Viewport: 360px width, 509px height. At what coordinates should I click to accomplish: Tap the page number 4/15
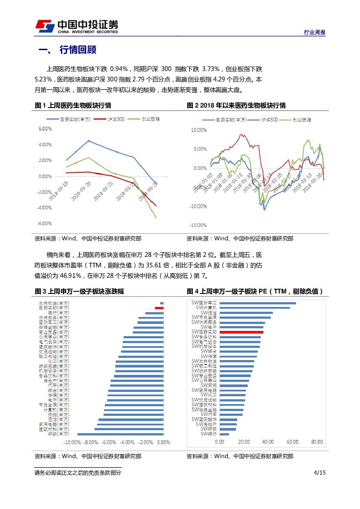tap(319, 473)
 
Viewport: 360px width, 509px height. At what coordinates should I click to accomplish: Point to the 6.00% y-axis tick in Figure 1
tap(45, 129)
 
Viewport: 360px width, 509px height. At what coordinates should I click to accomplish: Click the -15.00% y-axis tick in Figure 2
tap(198, 225)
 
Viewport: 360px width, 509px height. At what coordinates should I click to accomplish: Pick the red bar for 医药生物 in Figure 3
tap(159, 308)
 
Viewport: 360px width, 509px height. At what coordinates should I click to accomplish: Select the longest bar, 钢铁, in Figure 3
tap(120, 434)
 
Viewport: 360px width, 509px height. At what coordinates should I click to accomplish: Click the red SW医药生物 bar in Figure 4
tap(241, 332)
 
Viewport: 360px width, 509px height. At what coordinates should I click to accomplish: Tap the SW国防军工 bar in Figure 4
tap(258, 303)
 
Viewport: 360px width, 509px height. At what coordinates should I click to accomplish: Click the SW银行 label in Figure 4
tap(209, 434)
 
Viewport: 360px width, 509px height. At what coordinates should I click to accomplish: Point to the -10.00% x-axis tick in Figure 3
tap(72, 442)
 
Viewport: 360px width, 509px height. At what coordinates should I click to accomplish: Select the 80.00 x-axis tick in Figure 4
tap(317, 442)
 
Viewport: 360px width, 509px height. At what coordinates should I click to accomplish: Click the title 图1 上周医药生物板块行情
tap(73, 105)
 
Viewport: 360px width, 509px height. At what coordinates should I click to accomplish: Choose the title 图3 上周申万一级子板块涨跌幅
tap(79, 291)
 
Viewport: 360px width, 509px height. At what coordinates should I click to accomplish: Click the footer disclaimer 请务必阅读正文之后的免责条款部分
tap(78, 473)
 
